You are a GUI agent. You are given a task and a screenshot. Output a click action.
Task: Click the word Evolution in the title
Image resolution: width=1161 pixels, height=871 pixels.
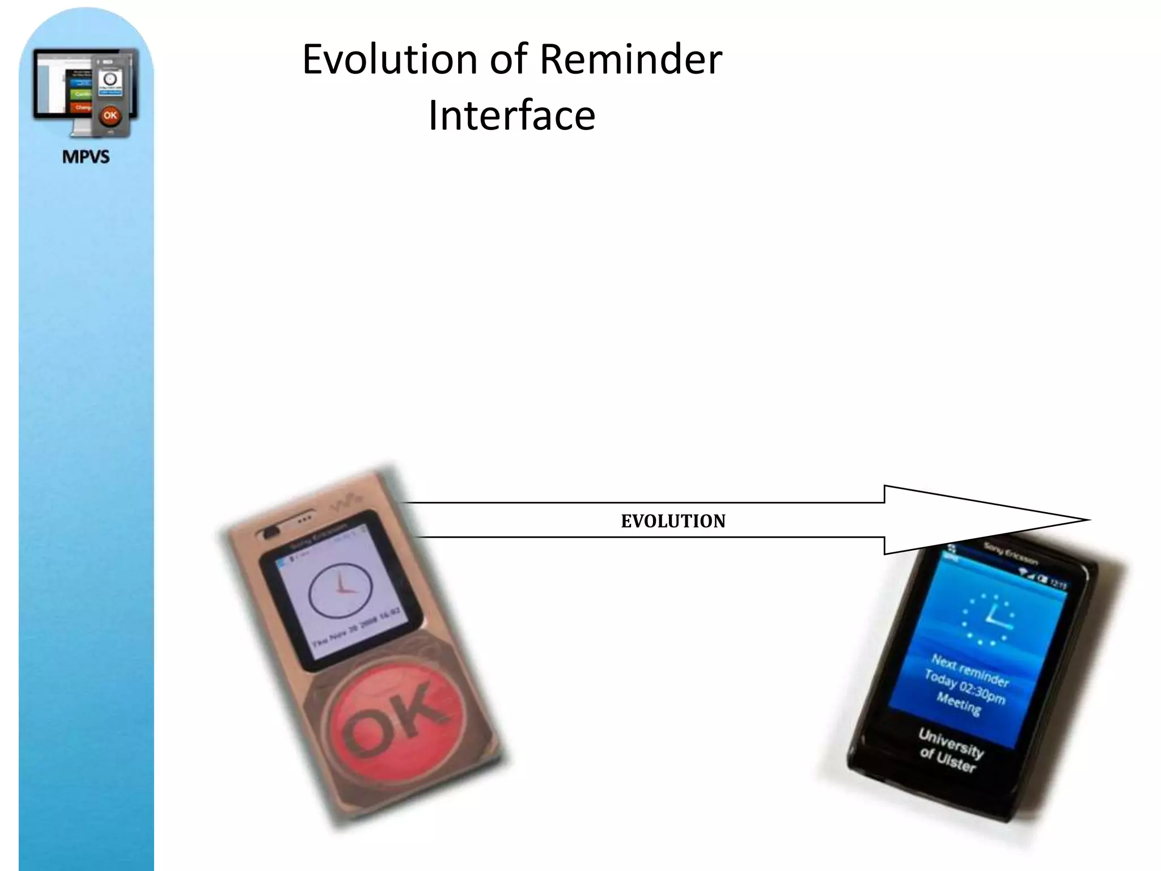click(390, 60)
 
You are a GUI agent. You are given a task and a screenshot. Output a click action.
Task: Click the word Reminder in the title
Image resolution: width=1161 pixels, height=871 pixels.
click(630, 60)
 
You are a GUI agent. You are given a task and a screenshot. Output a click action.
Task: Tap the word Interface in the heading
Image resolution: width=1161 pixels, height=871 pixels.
click(511, 116)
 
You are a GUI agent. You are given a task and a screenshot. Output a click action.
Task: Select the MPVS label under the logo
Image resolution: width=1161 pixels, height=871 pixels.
click(86, 157)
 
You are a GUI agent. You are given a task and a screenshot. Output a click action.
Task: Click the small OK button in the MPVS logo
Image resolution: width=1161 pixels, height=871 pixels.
click(110, 116)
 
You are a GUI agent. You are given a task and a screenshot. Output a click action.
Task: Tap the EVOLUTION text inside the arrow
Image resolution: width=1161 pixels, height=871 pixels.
click(673, 521)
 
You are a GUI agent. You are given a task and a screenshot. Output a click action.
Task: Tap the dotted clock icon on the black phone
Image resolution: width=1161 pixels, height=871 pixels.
click(988, 619)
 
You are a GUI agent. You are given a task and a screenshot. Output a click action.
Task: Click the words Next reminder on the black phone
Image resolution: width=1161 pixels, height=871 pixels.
click(970, 670)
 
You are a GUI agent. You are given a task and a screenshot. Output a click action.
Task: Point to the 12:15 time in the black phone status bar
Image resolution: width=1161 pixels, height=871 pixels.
click(1058, 584)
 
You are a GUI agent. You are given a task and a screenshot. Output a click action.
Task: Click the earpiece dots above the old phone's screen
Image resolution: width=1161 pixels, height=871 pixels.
click(304, 519)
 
